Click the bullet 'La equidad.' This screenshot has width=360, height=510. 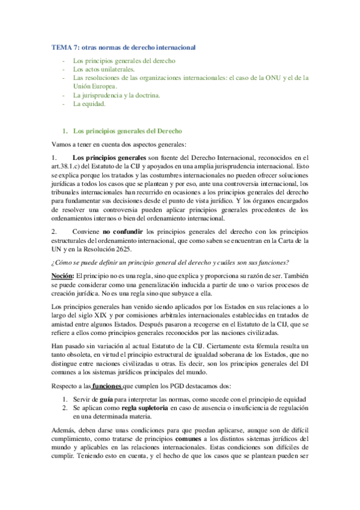(88, 103)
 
